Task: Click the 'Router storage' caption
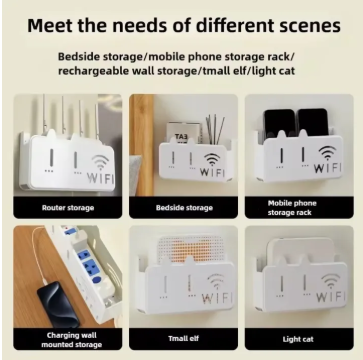68,208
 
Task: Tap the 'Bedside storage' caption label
184,208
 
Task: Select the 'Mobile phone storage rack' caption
292,208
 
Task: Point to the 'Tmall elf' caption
183,339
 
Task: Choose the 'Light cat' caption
298,339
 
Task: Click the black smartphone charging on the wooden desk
58,304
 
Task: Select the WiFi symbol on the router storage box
100,162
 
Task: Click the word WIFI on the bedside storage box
212,172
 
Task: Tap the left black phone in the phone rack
279,124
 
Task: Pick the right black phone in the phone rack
313,122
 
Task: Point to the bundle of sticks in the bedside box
214,129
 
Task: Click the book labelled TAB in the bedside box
184,133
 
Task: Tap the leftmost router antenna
44,114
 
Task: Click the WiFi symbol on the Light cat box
330,282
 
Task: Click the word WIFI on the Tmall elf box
217,298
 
